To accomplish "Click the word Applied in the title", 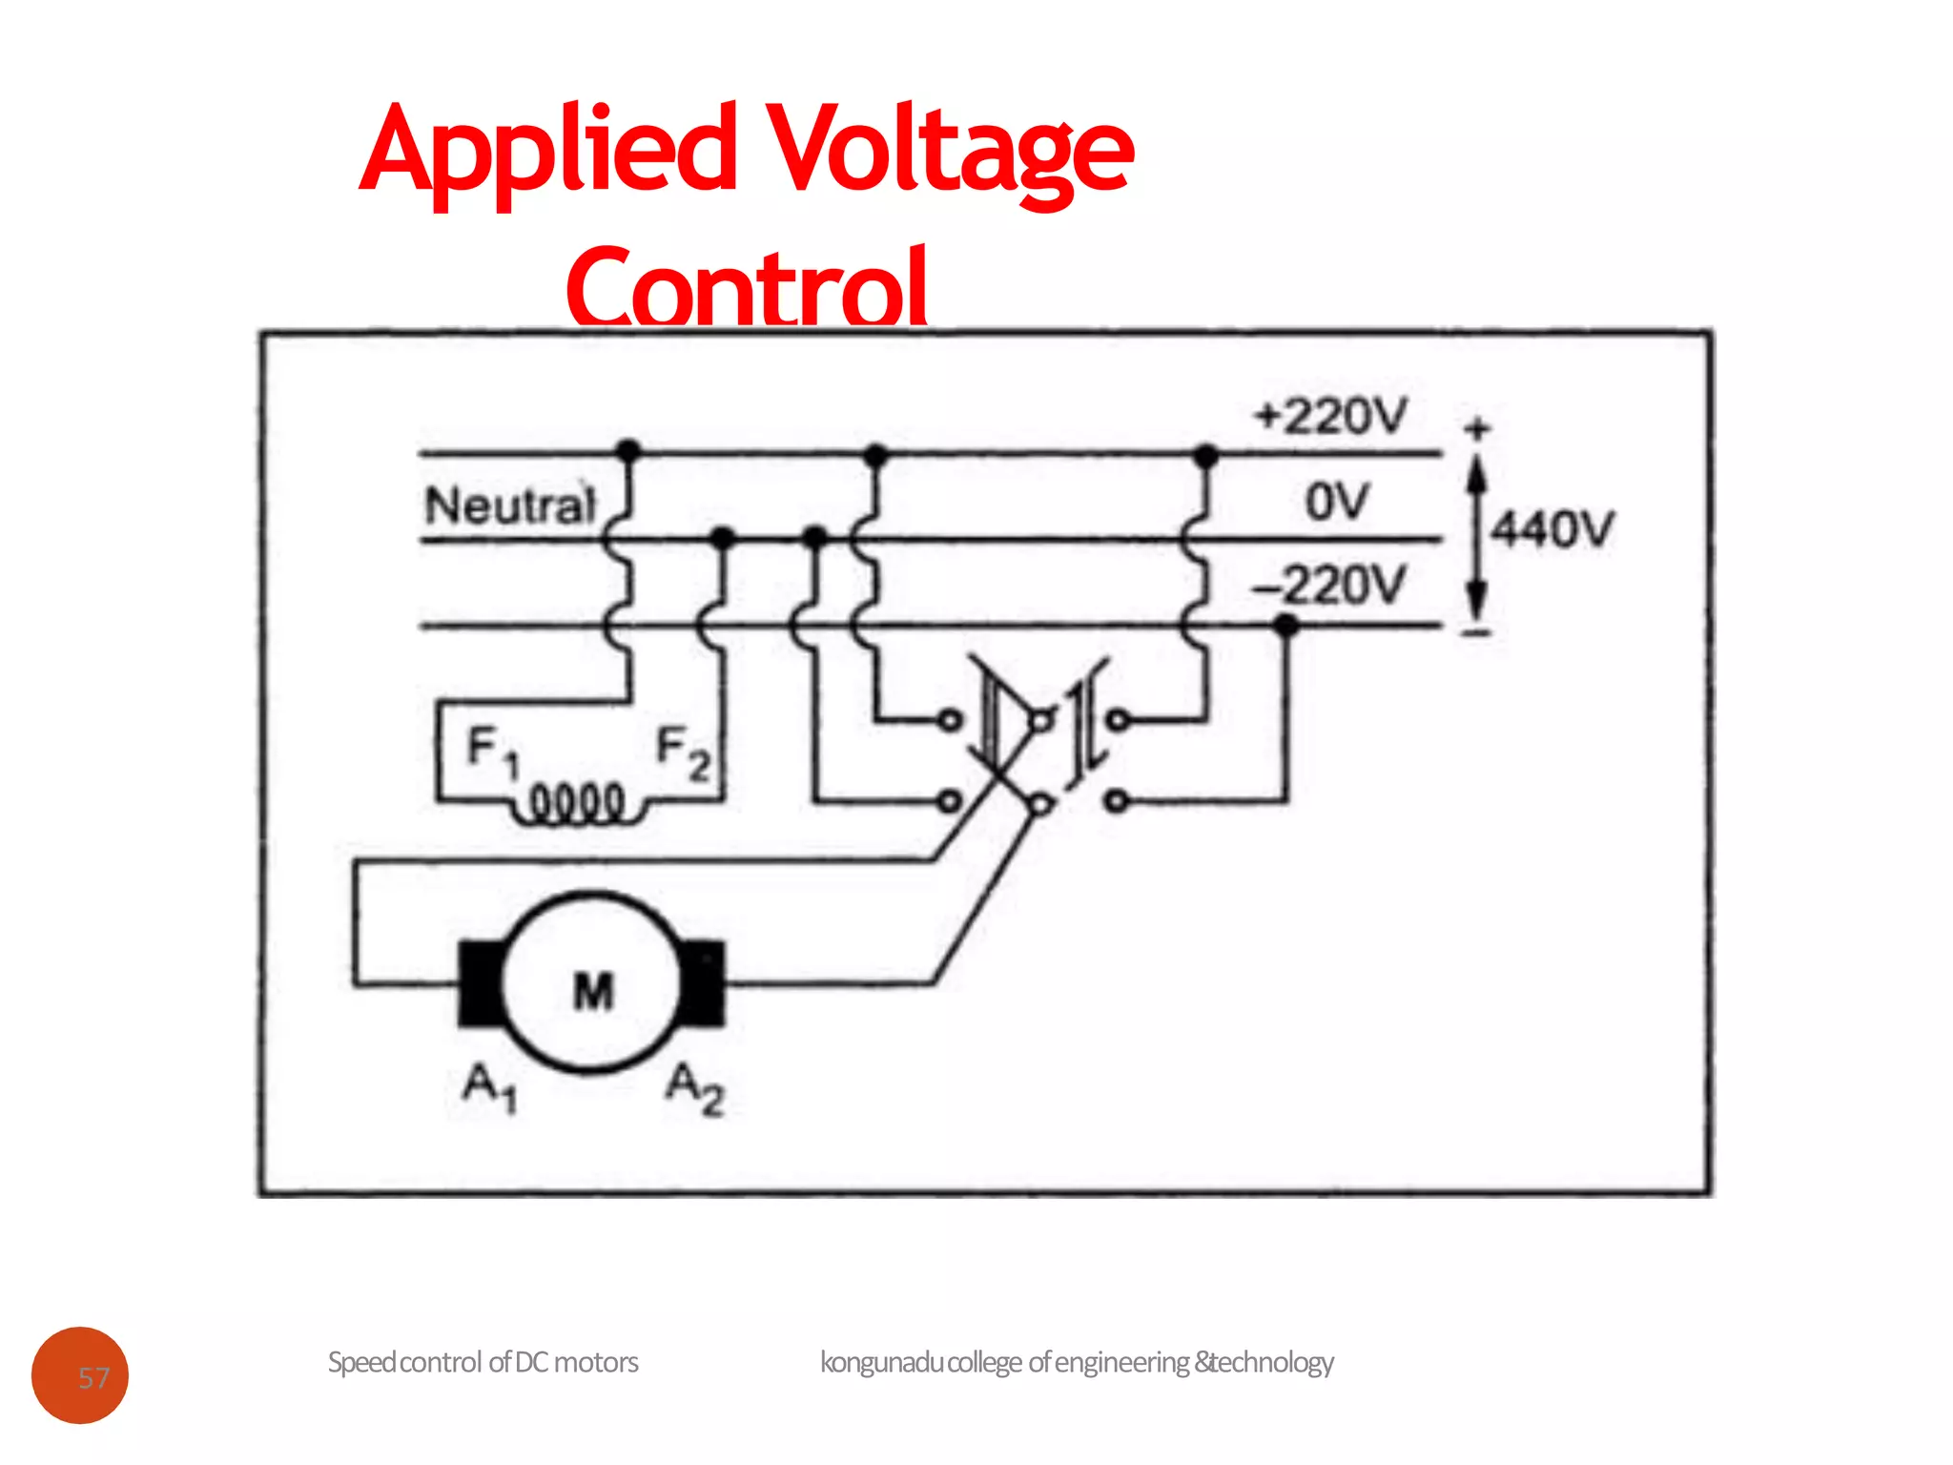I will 548,153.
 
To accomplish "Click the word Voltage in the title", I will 950,153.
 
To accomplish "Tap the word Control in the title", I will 747,286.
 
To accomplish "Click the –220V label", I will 1329,585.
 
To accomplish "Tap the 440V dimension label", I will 1552,529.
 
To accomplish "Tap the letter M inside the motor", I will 593,991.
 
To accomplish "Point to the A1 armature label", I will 489,1088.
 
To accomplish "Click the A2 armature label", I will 695,1088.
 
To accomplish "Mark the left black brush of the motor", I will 480,983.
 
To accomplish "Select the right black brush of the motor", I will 704,982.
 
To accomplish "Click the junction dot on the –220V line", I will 1286,626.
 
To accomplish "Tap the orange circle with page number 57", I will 80,1375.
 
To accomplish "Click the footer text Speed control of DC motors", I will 483,1362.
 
